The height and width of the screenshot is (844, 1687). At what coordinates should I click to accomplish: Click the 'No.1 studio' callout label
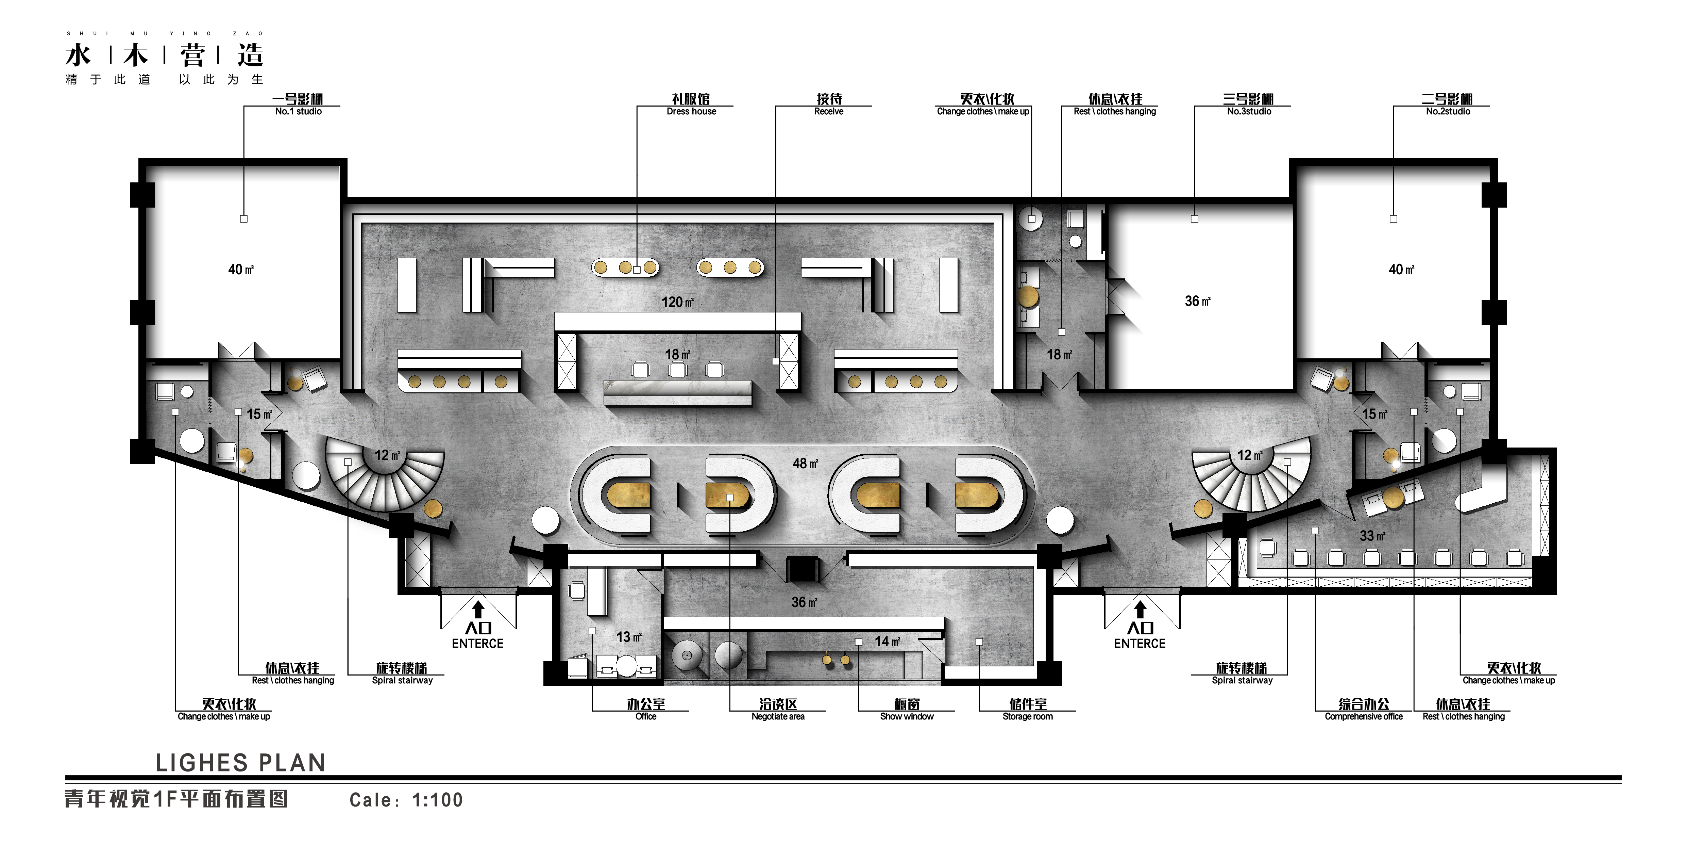click(299, 111)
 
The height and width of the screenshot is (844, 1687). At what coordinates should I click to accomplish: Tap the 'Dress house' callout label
click(692, 111)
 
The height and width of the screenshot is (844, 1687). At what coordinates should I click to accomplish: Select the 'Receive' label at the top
click(829, 111)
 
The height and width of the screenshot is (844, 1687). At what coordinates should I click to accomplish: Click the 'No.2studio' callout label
click(1448, 111)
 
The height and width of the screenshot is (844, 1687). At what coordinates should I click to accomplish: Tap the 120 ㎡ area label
click(677, 302)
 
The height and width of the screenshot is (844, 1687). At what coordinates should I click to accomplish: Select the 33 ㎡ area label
click(1373, 535)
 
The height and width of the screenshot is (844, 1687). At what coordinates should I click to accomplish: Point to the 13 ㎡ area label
click(629, 637)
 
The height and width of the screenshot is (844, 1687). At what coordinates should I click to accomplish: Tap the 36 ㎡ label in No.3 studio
click(1198, 301)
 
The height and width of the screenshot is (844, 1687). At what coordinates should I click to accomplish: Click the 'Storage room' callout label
click(1028, 716)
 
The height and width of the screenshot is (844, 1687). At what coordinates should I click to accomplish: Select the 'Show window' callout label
click(907, 716)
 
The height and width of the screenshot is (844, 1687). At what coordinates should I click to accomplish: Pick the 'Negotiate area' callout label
click(778, 716)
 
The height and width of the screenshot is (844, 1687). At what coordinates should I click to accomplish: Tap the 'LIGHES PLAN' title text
click(240, 763)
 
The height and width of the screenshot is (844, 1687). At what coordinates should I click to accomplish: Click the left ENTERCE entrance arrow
click(478, 610)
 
